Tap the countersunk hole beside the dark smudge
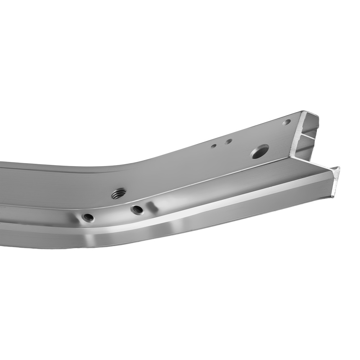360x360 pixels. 137,209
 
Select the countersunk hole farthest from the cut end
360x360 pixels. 88,217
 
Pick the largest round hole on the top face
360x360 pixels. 260,152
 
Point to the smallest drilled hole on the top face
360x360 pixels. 213,146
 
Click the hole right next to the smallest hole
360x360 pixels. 228,141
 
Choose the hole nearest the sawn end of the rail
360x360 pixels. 287,122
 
